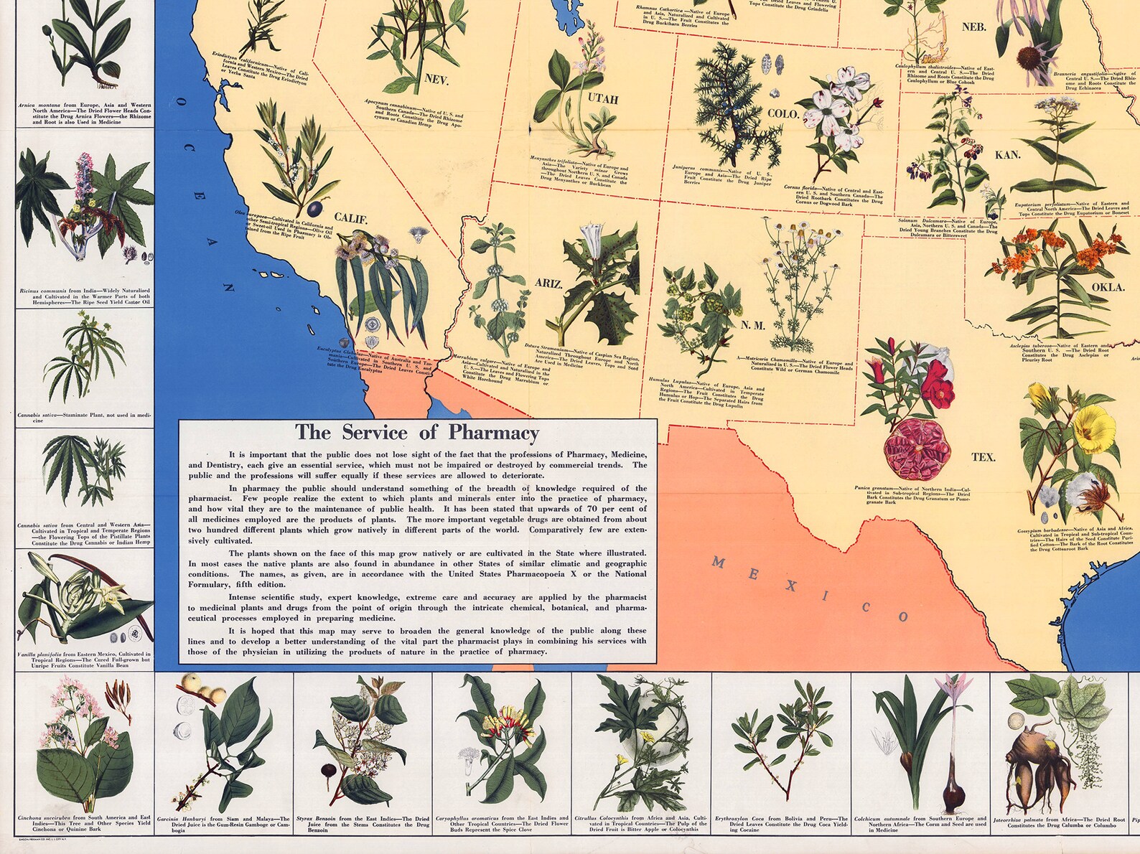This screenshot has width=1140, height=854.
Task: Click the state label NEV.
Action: point(436,80)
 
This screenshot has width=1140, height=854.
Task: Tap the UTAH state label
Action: point(603,99)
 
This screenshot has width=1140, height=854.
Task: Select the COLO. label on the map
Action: point(783,113)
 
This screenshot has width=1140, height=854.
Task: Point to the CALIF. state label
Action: point(350,219)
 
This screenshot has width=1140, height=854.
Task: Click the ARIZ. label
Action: point(548,283)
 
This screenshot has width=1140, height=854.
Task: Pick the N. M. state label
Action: point(753,325)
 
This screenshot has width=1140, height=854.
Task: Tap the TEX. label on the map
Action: point(984,457)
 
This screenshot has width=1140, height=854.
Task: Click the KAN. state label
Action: point(1007,155)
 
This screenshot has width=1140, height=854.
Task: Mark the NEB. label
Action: point(974,27)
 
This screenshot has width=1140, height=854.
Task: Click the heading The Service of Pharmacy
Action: point(417,433)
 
